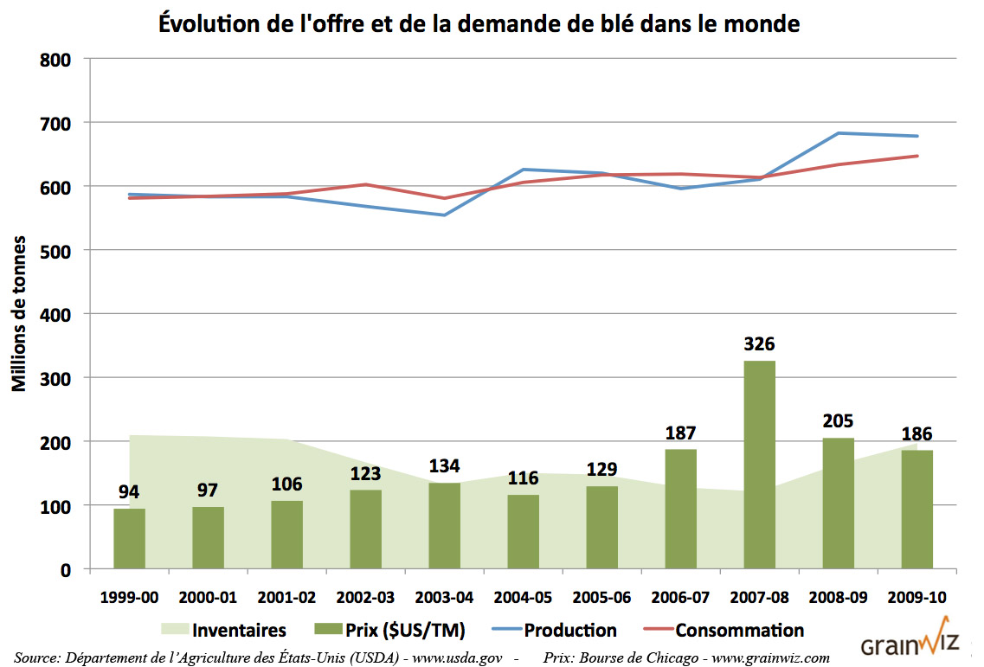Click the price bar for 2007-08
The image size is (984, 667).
point(759,465)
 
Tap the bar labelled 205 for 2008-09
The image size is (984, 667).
point(838,503)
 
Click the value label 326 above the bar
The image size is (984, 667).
point(759,344)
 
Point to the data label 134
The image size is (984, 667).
point(444,468)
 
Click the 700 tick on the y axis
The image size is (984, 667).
point(54,123)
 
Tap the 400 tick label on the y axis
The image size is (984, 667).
point(54,314)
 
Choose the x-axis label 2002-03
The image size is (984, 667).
point(365,598)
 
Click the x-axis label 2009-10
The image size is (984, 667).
point(916,598)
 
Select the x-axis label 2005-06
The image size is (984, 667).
point(601,598)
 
